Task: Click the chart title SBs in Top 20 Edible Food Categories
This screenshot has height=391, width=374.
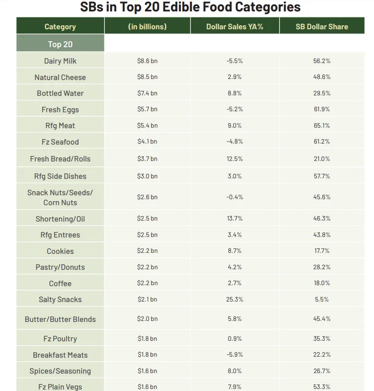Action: point(190,7)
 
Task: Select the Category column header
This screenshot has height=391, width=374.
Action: point(60,27)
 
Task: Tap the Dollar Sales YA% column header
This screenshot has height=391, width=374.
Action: point(234,27)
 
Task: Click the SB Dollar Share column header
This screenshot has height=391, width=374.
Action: point(322,27)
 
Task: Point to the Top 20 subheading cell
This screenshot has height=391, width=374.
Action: point(60,44)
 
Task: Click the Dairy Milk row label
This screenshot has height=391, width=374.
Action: point(60,61)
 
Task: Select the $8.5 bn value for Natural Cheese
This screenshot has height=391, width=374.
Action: point(147,77)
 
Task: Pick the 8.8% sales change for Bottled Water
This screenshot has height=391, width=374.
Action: point(234,93)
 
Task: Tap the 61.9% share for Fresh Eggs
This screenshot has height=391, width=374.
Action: point(322,109)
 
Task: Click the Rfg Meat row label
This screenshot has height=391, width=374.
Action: point(60,126)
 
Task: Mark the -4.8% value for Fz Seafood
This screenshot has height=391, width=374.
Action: point(234,142)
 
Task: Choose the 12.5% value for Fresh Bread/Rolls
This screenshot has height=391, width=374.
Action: point(234,159)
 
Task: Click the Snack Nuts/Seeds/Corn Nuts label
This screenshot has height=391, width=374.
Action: point(60,197)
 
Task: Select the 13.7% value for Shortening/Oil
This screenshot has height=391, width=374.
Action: point(234,219)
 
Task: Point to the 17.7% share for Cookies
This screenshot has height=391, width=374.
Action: point(322,251)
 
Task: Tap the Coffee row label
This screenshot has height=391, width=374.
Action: point(60,283)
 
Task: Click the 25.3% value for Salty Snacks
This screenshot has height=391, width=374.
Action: point(234,299)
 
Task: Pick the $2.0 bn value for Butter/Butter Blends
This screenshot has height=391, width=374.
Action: point(147,319)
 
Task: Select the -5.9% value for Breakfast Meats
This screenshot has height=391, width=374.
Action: point(234,355)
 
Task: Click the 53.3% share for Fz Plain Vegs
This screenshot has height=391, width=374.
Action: point(322,387)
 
